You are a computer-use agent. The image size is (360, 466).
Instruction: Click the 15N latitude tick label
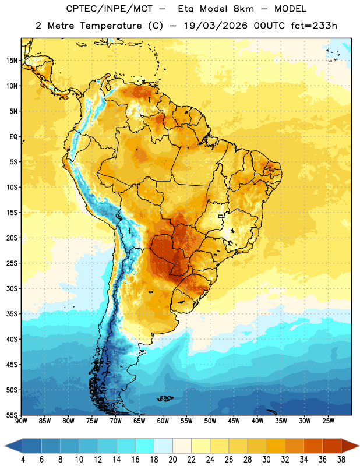12,61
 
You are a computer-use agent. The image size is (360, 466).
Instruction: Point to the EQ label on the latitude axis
13,137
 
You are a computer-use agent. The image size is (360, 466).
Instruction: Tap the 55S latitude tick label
12,415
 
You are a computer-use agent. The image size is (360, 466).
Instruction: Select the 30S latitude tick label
12,288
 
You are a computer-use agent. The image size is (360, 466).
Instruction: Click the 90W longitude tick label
21,421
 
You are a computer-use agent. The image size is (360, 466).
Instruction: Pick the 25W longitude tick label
328,421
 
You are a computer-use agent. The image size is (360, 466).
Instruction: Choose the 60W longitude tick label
163,421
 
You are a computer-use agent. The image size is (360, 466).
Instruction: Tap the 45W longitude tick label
234,421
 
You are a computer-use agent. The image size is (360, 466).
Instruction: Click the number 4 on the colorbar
23,460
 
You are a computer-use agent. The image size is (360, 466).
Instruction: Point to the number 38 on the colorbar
341,460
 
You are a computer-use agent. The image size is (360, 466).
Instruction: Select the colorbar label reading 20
172,460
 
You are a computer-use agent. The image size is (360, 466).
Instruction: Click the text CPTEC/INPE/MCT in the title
109,9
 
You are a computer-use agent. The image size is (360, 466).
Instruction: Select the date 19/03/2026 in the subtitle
215,26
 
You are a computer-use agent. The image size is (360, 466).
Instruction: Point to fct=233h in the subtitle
314,26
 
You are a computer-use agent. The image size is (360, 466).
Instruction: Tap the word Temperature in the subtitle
111,26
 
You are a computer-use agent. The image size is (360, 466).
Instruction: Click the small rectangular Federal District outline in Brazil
221,216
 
